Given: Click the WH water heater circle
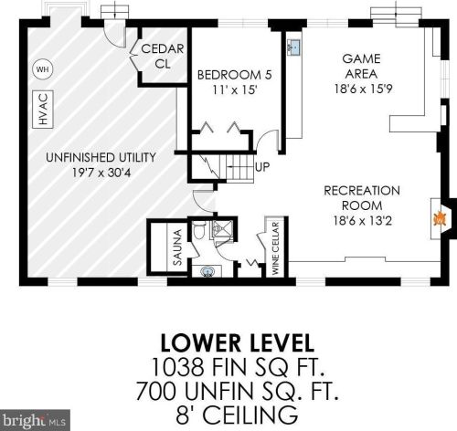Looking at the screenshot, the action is pyautogui.click(x=42, y=69).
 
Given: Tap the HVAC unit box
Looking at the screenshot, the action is pyautogui.click(x=43, y=110).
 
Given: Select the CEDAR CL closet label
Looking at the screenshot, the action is pyautogui.click(x=163, y=56).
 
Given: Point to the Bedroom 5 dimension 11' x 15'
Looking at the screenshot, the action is pyautogui.click(x=234, y=90).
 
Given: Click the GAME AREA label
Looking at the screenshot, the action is pyautogui.click(x=362, y=66).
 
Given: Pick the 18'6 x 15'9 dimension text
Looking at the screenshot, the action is pyautogui.click(x=363, y=89).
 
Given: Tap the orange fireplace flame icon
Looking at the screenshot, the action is pyautogui.click(x=440, y=219).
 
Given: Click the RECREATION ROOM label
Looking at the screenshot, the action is pyautogui.click(x=362, y=198).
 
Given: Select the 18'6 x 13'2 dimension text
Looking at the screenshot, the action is pyautogui.click(x=362, y=221).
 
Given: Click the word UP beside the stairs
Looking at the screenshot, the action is pyautogui.click(x=262, y=167).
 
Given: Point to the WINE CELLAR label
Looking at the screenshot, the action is pyautogui.click(x=276, y=248).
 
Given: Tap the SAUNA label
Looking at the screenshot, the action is pyautogui.click(x=177, y=247).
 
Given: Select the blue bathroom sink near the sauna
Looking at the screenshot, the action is pyautogui.click(x=207, y=271).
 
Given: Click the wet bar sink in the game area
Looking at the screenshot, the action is pyautogui.click(x=294, y=47).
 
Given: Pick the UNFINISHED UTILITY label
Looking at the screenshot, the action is pyautogui.click(x=101, y=157).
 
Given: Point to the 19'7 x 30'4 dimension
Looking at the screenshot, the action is pyautogui.click(x=101, y=173).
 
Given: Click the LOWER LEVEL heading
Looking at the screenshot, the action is pyautogui.click(x=237, y=343).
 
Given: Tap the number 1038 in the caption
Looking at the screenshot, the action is pyautogui.click(x=177, y=366).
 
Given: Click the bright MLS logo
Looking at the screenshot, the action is pyautogui.click(x=35, y=420).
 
